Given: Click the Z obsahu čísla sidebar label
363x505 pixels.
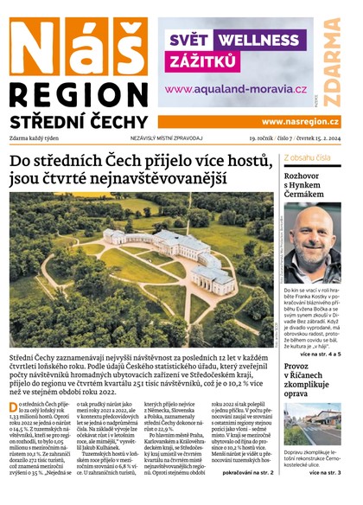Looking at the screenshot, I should (x=310, y=157).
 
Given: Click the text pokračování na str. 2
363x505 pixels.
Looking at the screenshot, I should (x=248, y=474).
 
